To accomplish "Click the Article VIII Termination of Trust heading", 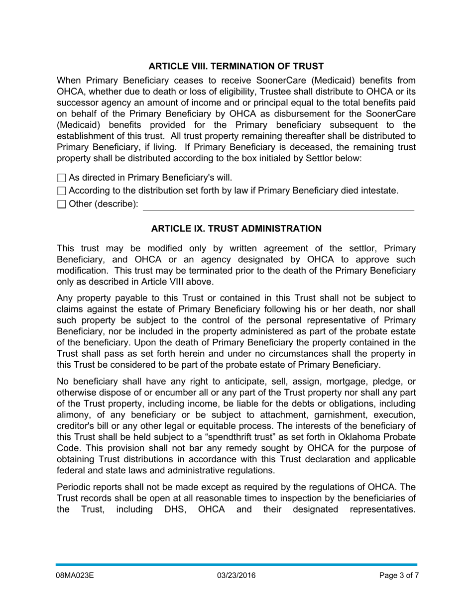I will (236, 66).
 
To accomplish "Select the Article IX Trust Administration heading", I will (236, 228).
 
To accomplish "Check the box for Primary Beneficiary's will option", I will (62, 178).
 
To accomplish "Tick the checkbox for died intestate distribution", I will (62, 191).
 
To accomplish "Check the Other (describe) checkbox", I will (62, 204).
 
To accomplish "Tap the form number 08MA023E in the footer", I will (75, 576).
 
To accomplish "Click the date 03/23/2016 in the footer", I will (236, 576).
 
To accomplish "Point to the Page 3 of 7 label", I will (398, 576).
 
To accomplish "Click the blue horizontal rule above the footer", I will (236, 565).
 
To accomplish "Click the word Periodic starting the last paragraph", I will (74, 487).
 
